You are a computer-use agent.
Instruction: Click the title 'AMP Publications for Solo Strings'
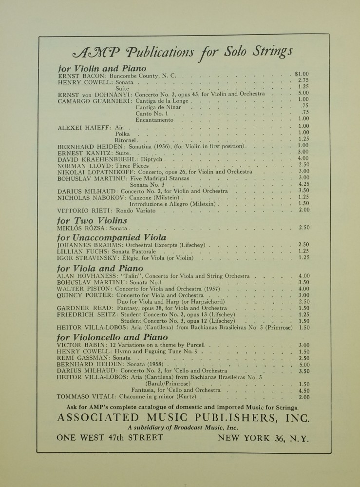point(182,51)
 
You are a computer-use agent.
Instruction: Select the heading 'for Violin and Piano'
point(102,69)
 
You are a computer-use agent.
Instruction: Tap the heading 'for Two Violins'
point(92,220)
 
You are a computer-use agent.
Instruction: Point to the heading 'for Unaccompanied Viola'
point(112,237)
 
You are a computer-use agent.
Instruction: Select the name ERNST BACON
point(76,77)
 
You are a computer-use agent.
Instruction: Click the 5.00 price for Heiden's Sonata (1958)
point(304,364)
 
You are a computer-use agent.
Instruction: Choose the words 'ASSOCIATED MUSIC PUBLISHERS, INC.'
point(183,417)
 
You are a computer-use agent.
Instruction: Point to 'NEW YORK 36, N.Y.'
point(263,438)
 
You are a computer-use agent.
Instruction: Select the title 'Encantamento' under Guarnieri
point(154,119)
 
